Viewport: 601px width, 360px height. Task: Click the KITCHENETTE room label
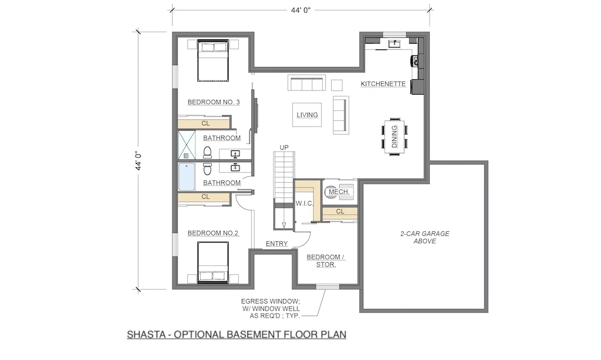[383, 84]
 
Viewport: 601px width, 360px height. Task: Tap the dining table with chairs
[394, 137]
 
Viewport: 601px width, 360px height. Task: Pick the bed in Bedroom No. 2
[212, 263]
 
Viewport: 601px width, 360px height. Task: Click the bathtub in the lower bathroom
[187, 177]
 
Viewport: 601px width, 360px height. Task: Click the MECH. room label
[339, 192]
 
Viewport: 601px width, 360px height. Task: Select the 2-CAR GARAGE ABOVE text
[424, 237]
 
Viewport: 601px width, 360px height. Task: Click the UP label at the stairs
[284, 147]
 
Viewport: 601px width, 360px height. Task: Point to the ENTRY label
[276, 243]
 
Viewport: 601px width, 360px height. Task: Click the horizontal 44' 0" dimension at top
[300, 9]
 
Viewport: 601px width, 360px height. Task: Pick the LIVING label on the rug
[307, 115]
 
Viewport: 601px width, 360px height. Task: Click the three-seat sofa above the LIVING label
[306, 84]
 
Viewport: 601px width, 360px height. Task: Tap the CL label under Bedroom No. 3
[205, 123]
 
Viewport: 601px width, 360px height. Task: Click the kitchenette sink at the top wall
[394, 44]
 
